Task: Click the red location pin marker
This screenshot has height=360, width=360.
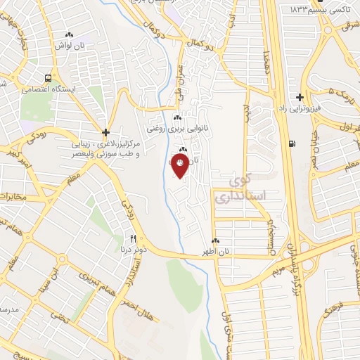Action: tap(181, 164)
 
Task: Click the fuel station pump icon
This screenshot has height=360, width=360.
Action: tap(292, 145)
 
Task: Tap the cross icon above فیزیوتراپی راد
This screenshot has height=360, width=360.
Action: tap(300, 97)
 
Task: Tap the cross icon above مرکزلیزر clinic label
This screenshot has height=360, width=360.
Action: tap(105, 131)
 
